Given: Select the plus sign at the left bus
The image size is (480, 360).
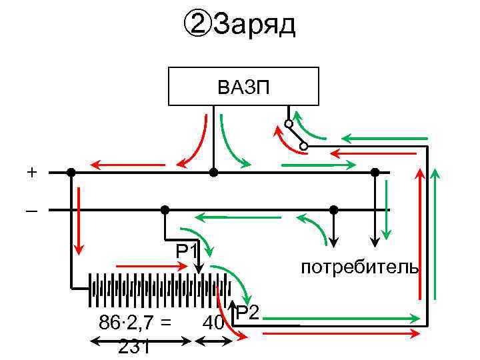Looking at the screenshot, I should click(32, 173).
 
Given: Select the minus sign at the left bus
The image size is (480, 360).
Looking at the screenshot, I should click(32, 211).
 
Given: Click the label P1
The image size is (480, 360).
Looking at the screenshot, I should click(187, 252).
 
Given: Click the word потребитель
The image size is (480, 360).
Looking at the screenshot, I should click(359, 268).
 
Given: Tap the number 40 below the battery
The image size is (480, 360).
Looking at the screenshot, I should click(213, 323).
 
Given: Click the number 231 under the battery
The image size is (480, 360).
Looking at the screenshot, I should click(133, 347).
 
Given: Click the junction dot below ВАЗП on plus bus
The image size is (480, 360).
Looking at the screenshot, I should click(213, 173).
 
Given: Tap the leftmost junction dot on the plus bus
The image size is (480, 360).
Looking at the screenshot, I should click(71, 173).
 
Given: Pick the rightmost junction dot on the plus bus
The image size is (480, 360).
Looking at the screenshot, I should click(375, 173).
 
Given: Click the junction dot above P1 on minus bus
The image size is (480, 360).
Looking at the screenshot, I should click(165, 210).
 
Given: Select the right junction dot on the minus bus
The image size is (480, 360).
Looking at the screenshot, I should click(334, 210).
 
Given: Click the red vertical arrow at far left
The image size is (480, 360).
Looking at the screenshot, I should click(79, 220).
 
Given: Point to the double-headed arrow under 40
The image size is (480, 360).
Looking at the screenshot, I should click(213, 341).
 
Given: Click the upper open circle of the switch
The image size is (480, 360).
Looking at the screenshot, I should click(289, 124).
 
